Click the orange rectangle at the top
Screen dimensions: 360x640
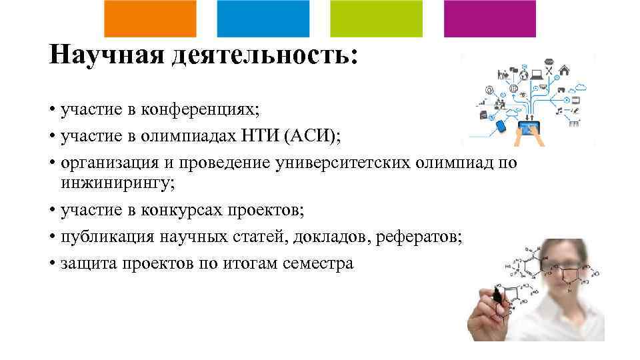151,18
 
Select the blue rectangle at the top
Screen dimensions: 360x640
263,18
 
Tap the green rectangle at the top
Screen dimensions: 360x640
377,18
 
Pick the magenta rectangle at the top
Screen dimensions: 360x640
490,18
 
